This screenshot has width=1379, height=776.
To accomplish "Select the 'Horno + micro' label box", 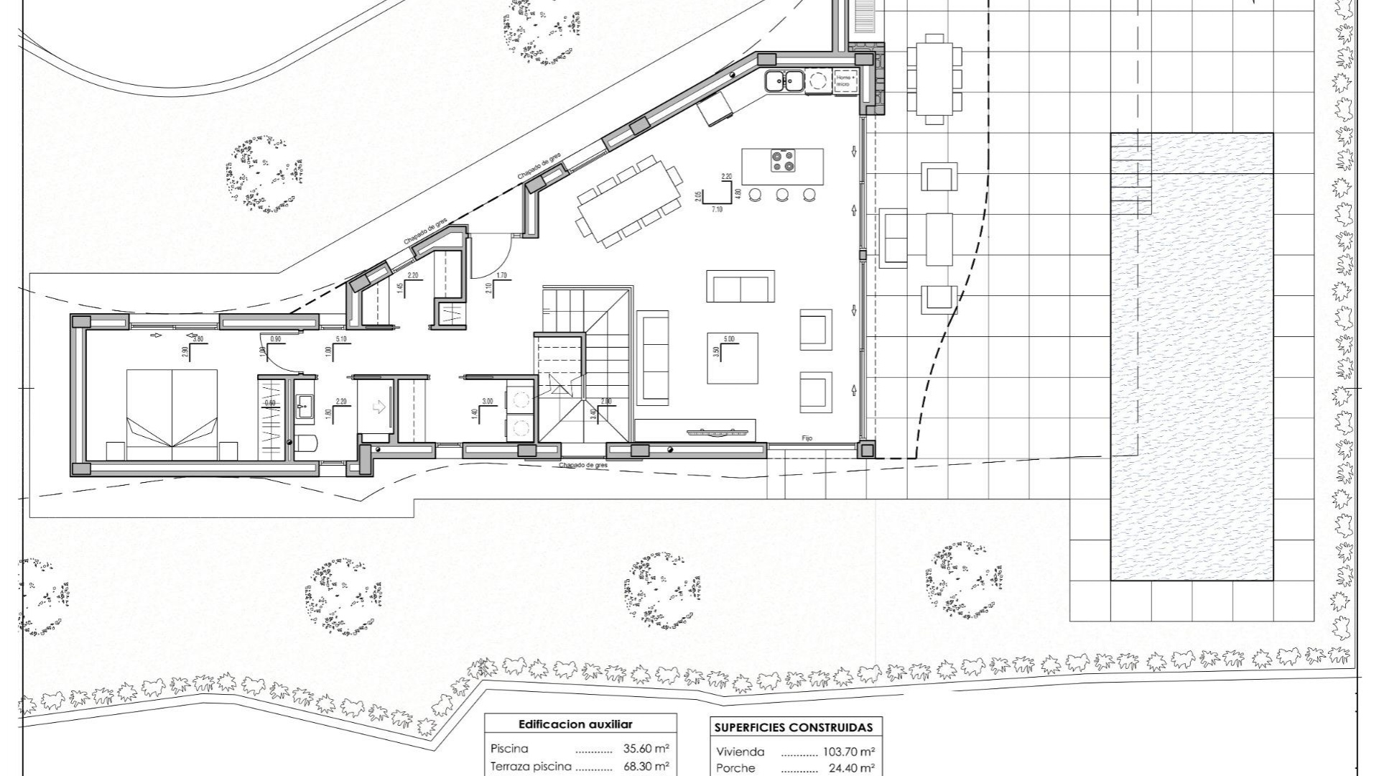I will pos(843,80).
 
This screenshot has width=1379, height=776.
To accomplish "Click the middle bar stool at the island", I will pos(781,194).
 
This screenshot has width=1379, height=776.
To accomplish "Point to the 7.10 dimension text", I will pos(716,209).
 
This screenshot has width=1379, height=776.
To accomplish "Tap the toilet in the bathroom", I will pos(305,442).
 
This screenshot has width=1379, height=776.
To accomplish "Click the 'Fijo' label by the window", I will pos(807,438).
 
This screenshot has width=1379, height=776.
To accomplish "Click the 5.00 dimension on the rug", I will pos(729,339).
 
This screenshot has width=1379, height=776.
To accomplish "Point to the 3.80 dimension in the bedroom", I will pos(198,339).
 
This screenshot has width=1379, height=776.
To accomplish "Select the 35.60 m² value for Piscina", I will pos(646,748).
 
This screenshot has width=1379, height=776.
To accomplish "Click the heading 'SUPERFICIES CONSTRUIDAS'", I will pos(793,727).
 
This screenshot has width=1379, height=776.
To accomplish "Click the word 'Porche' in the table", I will pos(735,768).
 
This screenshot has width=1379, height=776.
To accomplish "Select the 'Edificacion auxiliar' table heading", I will pos(575,724).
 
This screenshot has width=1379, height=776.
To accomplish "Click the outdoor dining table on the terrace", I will pos(934,79).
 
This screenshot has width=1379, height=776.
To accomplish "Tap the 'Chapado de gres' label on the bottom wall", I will pos(582,466).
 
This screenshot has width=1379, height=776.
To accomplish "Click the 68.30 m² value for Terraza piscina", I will pos(646,767).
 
